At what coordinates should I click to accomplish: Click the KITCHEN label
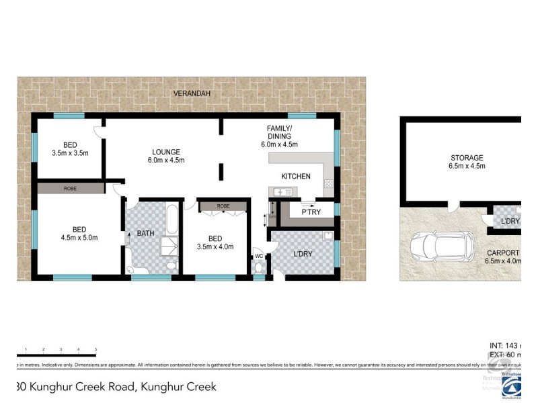point(296,177)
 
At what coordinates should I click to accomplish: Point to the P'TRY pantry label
point(310,212)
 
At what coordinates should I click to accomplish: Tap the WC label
point(258,256)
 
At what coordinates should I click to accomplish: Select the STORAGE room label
point(467,159)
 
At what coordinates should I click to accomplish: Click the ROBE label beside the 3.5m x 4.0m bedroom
point(223,206)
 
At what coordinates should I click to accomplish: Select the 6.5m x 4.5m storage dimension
point(467,168)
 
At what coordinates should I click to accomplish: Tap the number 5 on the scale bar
point(96,349)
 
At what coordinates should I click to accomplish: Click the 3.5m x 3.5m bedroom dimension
point(70,153)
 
